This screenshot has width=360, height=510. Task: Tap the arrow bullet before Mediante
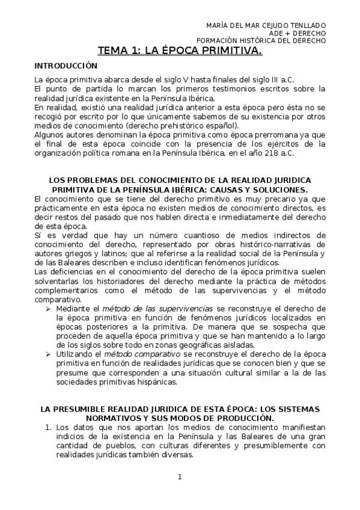(48, 307)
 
